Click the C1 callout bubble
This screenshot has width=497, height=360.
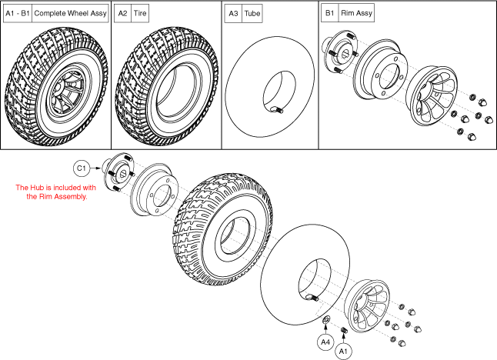(x=82, y=168)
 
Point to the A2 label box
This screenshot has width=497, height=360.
(x=122, y=14)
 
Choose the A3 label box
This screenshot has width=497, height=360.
(x=232, y=14)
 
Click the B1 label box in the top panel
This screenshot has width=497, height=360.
(x=329, y=14)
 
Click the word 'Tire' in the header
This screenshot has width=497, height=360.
(x=140, y=14)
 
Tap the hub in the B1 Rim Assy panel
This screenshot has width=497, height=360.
(x=342, y=51)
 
